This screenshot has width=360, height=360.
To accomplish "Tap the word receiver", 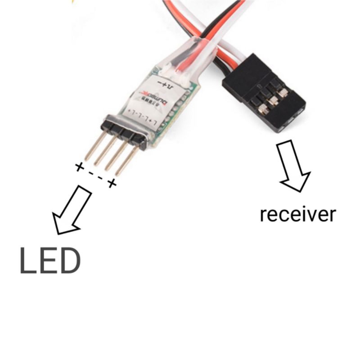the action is pyautogui.click(x=297, y=215).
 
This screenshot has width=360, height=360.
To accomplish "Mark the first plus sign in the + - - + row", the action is pyautogui.click(x=79, y=167).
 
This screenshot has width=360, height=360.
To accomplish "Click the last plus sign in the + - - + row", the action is pyautogui.click(x=112, y=183).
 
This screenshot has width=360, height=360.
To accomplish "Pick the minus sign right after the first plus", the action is pyautogui.click(x=90, y=172).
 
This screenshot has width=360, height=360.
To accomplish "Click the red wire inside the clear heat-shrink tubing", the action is pyautogui.click(x=184, y=63).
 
